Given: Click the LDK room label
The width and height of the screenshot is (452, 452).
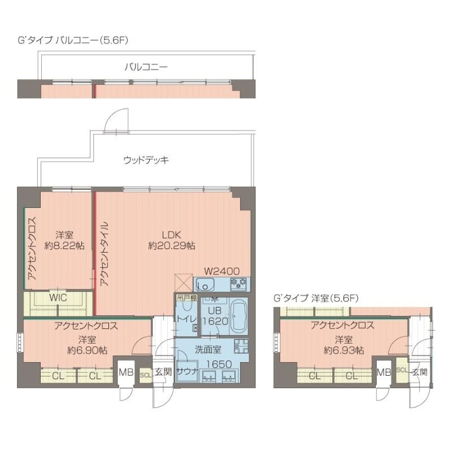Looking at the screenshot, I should [x=172, y=234].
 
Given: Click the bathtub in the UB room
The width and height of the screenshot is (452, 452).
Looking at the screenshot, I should [x=238, y=316].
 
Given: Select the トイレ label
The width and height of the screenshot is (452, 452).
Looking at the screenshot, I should [x=186, y=319].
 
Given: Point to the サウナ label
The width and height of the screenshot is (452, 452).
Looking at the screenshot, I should [x=186, y=371].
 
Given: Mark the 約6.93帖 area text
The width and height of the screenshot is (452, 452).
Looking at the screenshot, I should [x=344, y=350].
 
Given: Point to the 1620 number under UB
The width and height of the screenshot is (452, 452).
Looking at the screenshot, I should [x=214, y=320].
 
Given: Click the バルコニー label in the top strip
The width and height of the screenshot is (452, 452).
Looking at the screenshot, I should [x=146, y=67].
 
